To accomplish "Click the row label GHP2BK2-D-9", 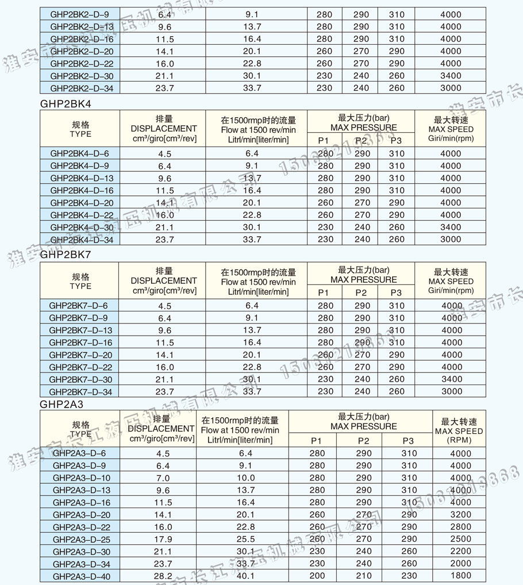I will pyautogui.click(x=79, y=14).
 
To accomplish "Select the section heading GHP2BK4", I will pyautogui.click(x=66, y=104).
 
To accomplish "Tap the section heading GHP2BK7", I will pyautogui.click(x=66, y=256).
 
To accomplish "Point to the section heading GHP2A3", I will pyautogui.click(x=62, y=404).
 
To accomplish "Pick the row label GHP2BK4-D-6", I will pyautogui.click(x=79, y=153).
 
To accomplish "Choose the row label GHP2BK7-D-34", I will pyautogui.click(x=79, y=391).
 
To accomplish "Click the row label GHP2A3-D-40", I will pyautogui.click(x=82, y=575).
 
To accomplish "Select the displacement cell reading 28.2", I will pyautogui.click(x=163, y=575).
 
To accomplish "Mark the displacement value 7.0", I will pyautogui.click(x=163, y=478).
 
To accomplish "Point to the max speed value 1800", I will pyautogui.click(x=458, y=575).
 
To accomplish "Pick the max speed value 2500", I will pyautogui.click(x=458, y=539).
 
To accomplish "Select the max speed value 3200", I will pyautogui.click(x=458, y=514).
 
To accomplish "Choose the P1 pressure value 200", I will pyautogui.click(x=317, y=575).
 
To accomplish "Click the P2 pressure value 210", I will pyautogui.click(x=363, y=575).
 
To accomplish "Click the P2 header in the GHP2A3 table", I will pyautogui.click(x=363, y=441).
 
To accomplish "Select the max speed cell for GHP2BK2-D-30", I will pyautogui.click(x=451, y=76).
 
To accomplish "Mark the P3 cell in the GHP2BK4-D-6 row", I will pyautogui.click(x=397, y=153).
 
